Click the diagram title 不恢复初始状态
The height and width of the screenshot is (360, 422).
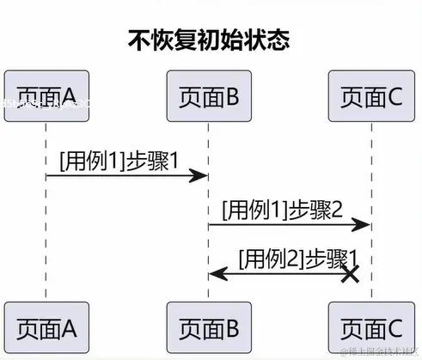click(x=209, y=40)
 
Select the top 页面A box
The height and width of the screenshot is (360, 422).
click(x=46, y=96)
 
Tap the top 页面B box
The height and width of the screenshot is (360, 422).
click(x=208, y=96)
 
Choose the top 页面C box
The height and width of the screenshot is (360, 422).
click(x=370, y=96)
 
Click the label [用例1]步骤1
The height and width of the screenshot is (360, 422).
click(x=119, y=159)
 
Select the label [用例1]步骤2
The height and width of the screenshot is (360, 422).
click(x=283, y=209)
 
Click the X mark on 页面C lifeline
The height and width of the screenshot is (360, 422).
click(x=350, y=274)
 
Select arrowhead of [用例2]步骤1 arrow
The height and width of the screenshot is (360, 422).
click(x=217, y=274)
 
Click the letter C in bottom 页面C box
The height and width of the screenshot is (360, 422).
click(x=394, y=326)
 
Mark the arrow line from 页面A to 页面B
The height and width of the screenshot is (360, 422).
click(x=120, y=176)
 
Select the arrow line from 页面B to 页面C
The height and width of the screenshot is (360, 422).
click(x=284, y=225)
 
